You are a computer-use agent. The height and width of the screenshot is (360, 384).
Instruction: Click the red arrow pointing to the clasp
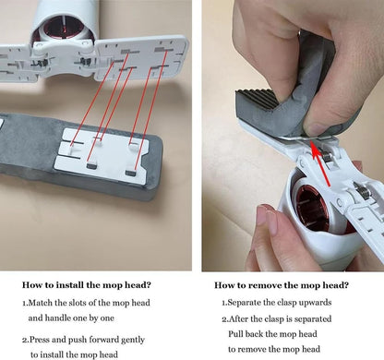[320, 163]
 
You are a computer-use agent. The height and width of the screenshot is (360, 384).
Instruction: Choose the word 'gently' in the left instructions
[133, 340]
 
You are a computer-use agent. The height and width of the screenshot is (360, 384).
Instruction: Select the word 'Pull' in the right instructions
[234, 334]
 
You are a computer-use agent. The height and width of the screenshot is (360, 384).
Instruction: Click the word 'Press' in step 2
[40, 340]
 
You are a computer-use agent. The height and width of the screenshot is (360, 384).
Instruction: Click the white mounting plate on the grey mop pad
[102, 156]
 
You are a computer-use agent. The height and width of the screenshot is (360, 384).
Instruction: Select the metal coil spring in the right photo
[362, 191]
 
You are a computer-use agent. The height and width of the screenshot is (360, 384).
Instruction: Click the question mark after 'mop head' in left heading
[148, 284]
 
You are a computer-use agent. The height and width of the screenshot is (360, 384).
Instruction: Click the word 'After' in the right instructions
[238, 318]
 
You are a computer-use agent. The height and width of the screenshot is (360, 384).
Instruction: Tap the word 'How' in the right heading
[222, 285]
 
